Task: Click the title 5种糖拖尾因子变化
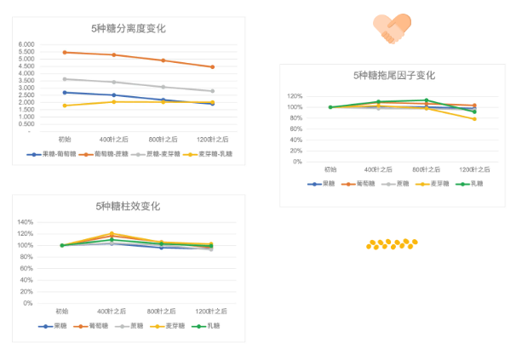(393, 75)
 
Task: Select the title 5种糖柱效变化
(128, 206)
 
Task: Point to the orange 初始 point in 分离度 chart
(65, 52)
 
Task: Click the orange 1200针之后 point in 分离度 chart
(212, 66)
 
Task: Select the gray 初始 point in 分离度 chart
(65, 79)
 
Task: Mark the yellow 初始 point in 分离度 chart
(65, 106)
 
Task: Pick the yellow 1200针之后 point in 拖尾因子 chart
(474, 119)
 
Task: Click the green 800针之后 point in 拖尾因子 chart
(427, 100)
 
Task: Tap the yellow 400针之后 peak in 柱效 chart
(112, 233)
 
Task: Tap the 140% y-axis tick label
(26, 222)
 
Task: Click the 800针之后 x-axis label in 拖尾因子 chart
(427, 170)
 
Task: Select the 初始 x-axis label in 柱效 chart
(62, 311)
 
